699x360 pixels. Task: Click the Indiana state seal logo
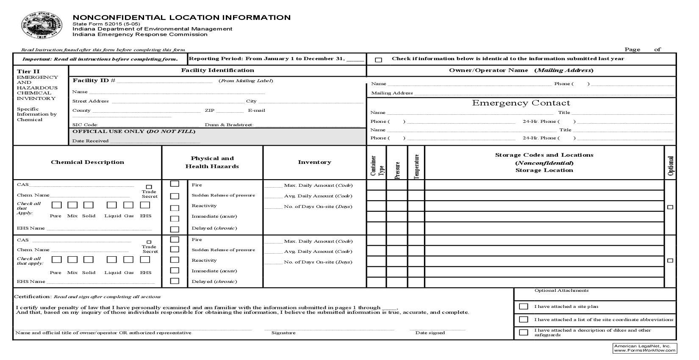42,25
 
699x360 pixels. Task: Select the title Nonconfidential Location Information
182,17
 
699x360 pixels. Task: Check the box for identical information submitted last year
379,60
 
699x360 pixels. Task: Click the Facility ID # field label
94,80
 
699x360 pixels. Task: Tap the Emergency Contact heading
521,103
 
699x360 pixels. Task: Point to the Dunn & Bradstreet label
229,125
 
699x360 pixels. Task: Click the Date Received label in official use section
91,141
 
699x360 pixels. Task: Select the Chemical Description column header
88,162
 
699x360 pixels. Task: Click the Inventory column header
314,162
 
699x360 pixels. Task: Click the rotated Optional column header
670,166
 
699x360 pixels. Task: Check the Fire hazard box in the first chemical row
175,184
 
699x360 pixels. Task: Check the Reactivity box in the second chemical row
175,260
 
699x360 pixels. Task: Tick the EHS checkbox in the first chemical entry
145,205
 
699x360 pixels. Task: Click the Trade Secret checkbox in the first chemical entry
149,187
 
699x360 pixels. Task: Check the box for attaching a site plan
524,306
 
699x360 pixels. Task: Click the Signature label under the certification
283,333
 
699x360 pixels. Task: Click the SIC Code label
85,125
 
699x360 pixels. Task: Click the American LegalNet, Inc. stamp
645,348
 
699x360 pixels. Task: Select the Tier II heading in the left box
28,71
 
